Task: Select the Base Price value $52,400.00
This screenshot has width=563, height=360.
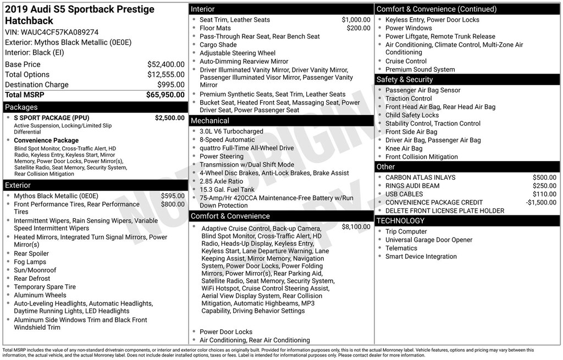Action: tap(165, 64)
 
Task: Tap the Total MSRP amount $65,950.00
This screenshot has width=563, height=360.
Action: tap(165, 95)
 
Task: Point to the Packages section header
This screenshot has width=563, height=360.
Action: tap(21, 107)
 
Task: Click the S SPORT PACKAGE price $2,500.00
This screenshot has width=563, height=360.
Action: tap(169, 118)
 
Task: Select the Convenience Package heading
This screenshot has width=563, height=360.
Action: tap(46, 140)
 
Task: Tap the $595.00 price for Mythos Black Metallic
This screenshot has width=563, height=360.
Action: tap(173, 196)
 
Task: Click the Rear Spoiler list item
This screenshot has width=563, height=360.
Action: tap(31, 253)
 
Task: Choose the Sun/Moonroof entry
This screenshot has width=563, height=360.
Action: tap(35, 270)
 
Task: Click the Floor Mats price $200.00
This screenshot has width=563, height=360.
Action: tap(358, 28)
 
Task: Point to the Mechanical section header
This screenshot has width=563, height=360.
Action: tap(209, 120)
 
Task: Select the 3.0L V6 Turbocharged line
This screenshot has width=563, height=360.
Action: tap(231, 131)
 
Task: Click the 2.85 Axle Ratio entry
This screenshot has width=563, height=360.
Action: tap(221, 181)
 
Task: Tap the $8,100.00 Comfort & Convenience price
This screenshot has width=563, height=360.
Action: tap(356, 226)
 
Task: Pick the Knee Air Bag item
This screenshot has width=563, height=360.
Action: tap(404, 148)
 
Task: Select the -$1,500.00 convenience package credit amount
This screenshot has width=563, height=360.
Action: tap(541, 202)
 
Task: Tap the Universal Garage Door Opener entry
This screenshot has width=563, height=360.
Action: tap(429, 240)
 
